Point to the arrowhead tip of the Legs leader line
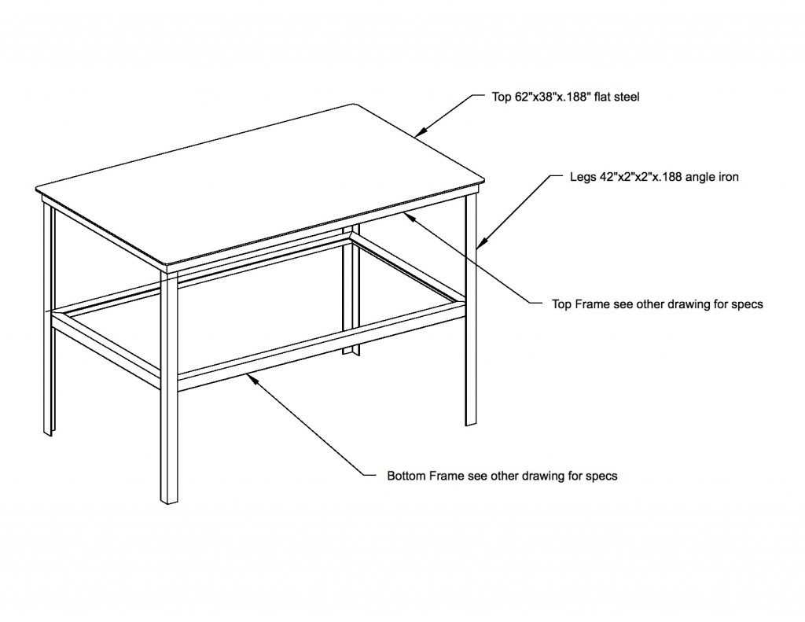[478, 248]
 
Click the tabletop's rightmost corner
[484, 180]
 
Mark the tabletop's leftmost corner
[36, 187]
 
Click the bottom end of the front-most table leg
[170, 502]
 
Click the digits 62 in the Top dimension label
[521, 97]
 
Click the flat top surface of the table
[259, 185]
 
